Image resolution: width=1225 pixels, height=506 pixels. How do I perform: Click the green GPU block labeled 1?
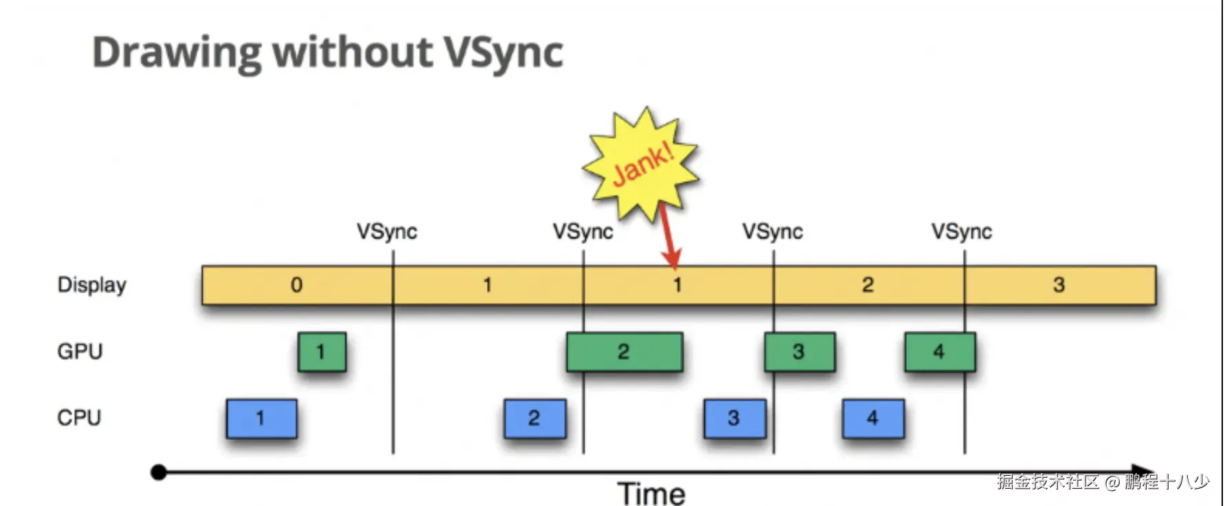click(x=322, y=352)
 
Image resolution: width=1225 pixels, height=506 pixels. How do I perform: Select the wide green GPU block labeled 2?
click(x=625, y=352)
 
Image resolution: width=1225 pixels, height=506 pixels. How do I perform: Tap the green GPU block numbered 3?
click(x=800, y=352)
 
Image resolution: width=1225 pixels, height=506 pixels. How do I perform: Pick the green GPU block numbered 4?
click(x=940, y=352)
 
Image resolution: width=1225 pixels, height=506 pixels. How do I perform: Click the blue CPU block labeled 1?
click(x=262, y=418)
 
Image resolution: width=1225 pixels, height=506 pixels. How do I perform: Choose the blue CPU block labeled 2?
click(x=535, y=418)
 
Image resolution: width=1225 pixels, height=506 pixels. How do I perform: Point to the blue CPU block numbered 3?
click(x=735, y=418)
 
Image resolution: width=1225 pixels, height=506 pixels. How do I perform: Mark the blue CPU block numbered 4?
click(x=873, y=418)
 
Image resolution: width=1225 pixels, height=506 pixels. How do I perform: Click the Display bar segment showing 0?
click(x=297, y=285)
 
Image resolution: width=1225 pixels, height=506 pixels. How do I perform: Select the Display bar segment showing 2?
click(x=868, y=285)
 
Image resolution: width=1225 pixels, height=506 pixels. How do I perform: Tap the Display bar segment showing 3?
click(x=1060, y=285)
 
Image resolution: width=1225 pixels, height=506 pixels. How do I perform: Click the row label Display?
click(x=92, y=285)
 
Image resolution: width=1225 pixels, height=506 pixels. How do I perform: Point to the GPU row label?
click(x=80, y=352)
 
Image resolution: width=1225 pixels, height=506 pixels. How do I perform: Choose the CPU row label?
click(x=79, y=417)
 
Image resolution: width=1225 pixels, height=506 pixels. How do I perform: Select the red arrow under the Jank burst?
click(x=668, y=237)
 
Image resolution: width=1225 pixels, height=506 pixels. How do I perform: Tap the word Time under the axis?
click(x=651, y=494)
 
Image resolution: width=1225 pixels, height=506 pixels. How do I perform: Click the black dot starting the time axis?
click(x=159, y=472)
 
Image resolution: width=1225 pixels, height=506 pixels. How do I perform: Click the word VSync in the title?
click(x=503, y=53)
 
